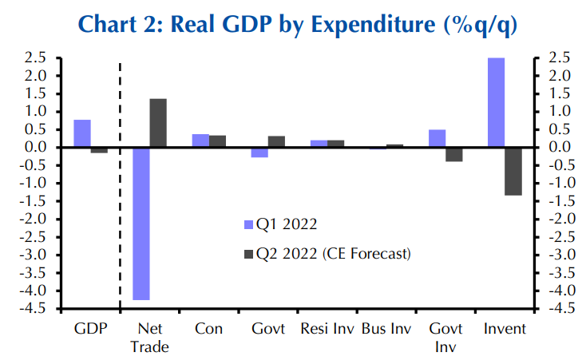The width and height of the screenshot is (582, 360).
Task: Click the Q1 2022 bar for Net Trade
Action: coord(141,224)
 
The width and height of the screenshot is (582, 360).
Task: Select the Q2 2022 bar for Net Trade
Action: coord(158,123)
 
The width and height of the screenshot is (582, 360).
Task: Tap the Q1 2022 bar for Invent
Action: coord(496,102)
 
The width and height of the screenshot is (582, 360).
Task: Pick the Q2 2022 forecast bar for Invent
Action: coord(513,171)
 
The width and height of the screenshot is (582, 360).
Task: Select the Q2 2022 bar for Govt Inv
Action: coord(454,155)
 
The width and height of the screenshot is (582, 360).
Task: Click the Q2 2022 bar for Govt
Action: coord(276,141)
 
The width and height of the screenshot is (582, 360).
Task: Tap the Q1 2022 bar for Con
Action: coord(200,140)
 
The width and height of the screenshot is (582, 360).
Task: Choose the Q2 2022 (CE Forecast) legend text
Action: coord(333,254)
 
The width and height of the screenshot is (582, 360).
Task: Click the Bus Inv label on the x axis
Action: coord(386,328)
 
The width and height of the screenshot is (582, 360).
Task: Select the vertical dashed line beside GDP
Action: coord(120,184)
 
